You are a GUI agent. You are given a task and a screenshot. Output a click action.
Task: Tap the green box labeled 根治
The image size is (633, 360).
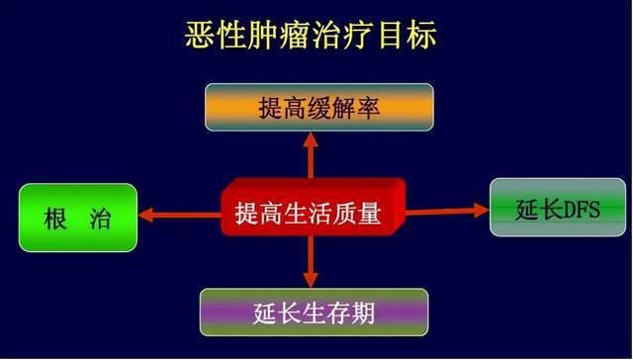[78, 217]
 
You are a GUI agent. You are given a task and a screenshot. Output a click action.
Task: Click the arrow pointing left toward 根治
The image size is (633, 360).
[178, 214]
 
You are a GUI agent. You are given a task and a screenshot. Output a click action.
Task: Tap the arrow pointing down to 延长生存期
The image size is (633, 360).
[311, 262]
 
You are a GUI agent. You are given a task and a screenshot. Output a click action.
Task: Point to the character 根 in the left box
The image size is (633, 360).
[54, 218]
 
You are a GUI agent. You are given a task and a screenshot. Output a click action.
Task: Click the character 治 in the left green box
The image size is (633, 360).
[101, 218]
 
